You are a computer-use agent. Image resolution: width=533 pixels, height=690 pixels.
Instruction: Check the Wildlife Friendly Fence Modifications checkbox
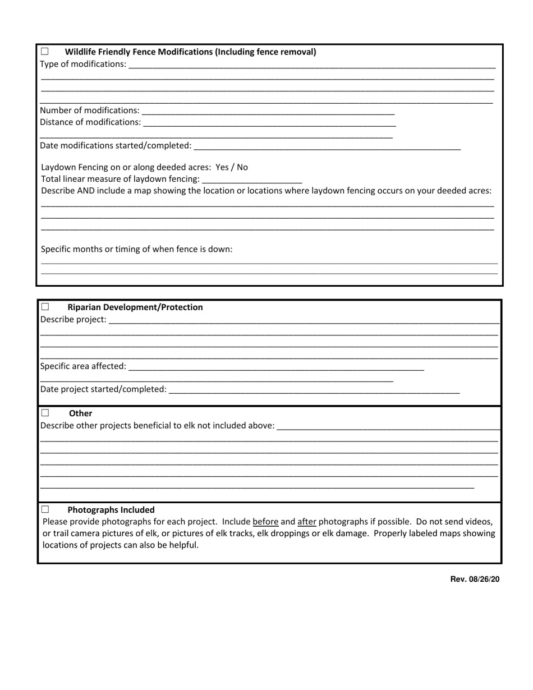point(45,52)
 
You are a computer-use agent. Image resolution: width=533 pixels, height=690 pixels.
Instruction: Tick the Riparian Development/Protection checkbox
point(45,307)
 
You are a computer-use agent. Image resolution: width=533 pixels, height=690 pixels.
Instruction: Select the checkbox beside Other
point(45,413)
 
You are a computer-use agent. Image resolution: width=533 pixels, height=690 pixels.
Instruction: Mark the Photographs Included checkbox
point(45,510)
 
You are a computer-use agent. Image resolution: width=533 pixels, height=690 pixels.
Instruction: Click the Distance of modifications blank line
point(269,122)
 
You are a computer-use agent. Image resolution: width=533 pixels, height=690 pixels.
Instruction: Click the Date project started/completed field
point(314,389)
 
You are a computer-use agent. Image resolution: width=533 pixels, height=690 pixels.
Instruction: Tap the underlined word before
point(265,522)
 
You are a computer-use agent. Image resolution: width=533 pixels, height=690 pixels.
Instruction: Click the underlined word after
point(306,522)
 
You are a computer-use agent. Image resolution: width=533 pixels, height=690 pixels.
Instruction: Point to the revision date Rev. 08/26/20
point(475,579)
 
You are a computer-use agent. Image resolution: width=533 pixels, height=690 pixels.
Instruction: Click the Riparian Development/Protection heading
point(135,307)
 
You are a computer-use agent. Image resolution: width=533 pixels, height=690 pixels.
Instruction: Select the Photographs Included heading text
point(111,510)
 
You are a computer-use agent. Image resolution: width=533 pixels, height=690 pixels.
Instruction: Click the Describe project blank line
point(304,319)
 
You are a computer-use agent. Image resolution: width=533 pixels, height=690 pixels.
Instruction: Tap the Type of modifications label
point(83,64)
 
